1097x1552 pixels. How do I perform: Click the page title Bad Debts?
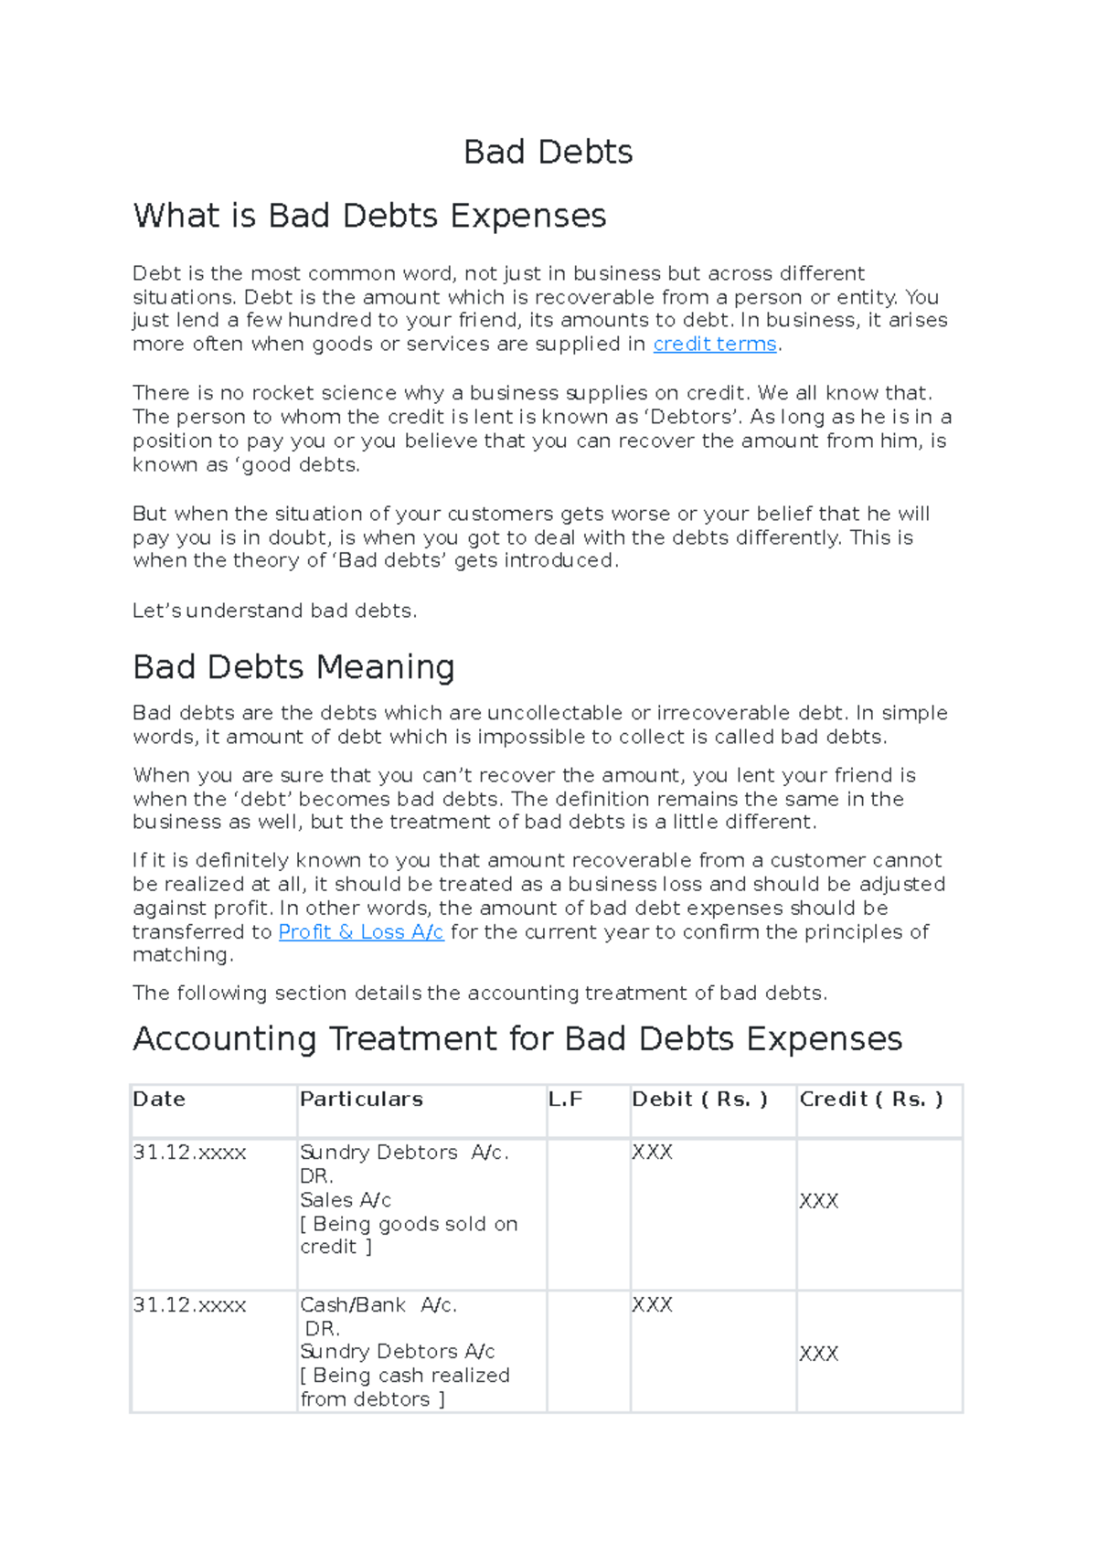[548, 152]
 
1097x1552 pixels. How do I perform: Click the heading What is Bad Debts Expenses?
[369, 216]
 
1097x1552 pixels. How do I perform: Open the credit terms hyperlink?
[714, 345]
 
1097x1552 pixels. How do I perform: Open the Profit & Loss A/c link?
[360, 932]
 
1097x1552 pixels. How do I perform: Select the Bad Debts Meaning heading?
[293, 667]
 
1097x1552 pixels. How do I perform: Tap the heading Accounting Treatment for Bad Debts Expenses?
[517, 1039]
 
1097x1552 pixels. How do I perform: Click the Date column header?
[159, 1100]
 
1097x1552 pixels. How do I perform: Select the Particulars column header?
[361, 1100]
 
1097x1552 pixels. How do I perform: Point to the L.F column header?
[565, 1100]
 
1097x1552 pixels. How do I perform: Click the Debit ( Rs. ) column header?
[699, 1100]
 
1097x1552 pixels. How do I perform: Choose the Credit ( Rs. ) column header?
[870, 1100]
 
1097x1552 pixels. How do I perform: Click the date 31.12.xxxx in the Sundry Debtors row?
[189, 1153]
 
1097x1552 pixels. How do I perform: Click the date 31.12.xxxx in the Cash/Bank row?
[189, 1306]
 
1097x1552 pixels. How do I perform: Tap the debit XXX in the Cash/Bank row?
[652, 1305]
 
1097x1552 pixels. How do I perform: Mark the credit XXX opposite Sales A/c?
[818, 1202]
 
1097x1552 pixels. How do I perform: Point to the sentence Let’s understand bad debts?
[274, 611]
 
